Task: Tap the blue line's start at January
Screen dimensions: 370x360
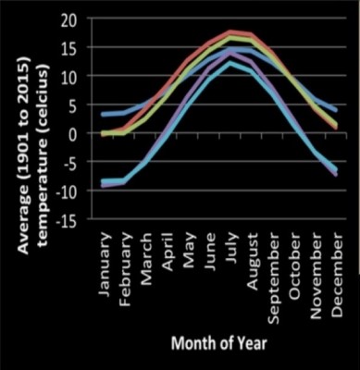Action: click(x=105, y=114)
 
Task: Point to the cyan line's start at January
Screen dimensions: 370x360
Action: click(x=105, y=180)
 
